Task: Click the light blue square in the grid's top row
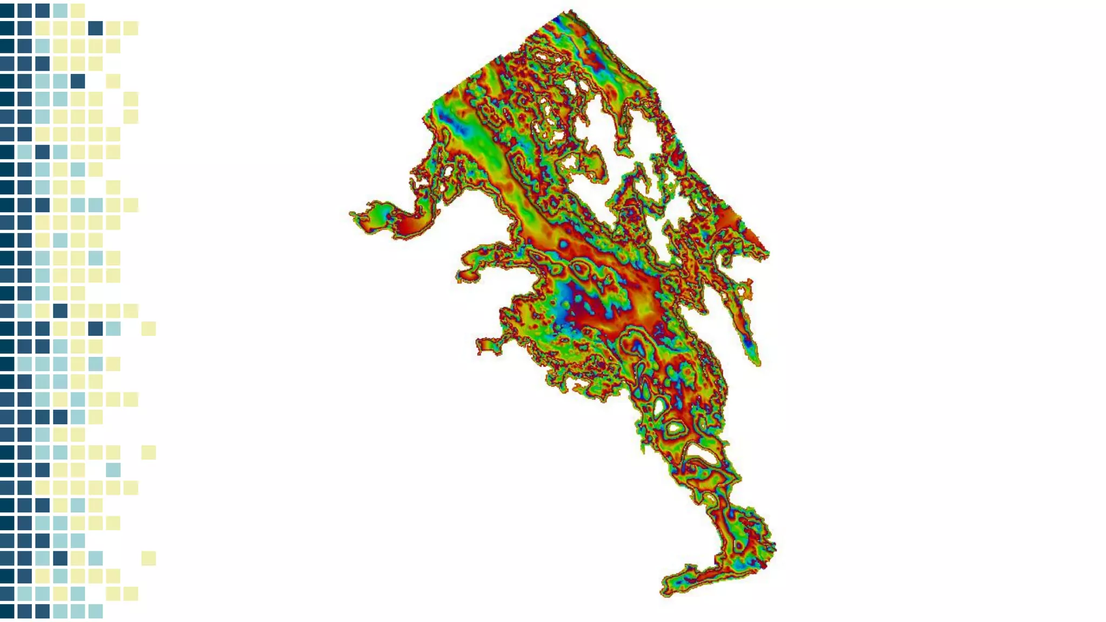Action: point(60,10)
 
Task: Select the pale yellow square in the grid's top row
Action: point(78,10)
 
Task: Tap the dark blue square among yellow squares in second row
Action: point(96,28)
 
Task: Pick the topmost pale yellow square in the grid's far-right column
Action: point(149,328)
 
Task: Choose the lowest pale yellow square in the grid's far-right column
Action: point(149,558)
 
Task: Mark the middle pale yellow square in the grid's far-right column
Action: point(149,452)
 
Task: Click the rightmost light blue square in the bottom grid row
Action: point(96,611)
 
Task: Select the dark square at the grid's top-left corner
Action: point(7,10)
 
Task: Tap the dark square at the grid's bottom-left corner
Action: point(7,611)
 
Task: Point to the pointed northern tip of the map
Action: point(570,11)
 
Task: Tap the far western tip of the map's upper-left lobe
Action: point(352,214)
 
